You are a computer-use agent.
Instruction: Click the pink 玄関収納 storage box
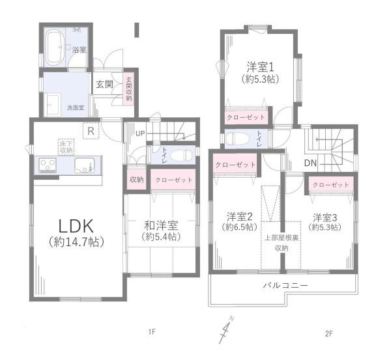[x=128, y=87]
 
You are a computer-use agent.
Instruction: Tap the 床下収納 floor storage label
[x=66, y=146]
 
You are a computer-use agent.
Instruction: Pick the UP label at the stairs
[x=140, y=134]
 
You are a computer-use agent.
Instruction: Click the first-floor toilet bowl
[x=183, y=156]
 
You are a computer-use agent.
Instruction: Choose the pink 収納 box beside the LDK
[x=136, y=179]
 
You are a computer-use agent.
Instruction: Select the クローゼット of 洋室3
[x=330, y=185]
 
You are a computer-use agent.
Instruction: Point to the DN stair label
[x=311, y=163]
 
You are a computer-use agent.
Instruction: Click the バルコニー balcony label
[x=285, y=286]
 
